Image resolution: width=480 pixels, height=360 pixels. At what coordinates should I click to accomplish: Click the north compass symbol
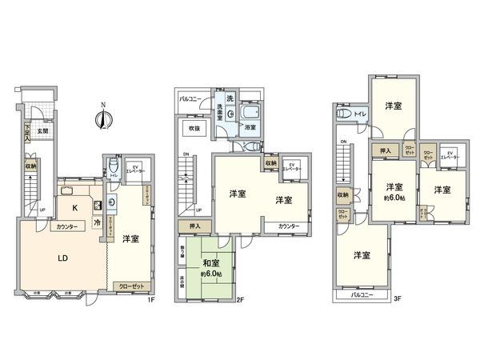[x=102, y=118]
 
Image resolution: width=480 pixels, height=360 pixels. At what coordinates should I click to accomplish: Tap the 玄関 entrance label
[x=42, y=131]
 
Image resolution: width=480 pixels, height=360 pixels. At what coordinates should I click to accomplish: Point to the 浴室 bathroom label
[x=250, y=127]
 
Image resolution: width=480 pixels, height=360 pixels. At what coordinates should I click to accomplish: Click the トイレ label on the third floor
[x=360, y=115]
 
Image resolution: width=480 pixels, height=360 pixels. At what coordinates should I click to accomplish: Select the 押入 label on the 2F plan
[x=195, y=227]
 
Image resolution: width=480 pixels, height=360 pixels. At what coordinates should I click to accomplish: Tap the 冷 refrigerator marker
[x=96, y=222]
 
